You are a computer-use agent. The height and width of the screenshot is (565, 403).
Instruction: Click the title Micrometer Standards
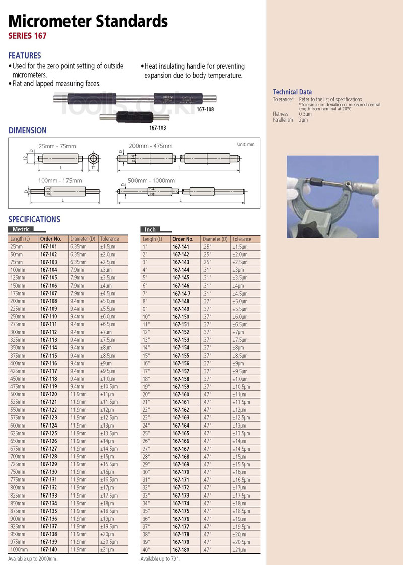coord(88,21)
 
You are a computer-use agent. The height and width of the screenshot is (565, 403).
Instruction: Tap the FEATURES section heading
coord(25,56)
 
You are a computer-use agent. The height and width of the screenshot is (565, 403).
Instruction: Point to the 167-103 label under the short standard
coord(158,128)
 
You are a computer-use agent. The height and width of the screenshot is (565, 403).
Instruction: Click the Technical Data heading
coord(292,92)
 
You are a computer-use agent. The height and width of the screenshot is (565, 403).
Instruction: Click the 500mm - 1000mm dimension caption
coord(152,180)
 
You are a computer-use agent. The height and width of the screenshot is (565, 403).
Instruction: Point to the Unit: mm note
coord(246,145)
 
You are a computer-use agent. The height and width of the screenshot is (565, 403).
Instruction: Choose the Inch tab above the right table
coord(150,229)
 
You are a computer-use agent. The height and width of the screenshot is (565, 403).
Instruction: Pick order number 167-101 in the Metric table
coord(48,247)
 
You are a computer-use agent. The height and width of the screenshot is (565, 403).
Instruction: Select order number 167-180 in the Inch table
coord(181,549)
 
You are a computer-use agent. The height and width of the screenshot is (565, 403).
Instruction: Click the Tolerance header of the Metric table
coord(109,239)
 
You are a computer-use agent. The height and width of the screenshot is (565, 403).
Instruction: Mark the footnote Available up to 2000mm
coord(33,559)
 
